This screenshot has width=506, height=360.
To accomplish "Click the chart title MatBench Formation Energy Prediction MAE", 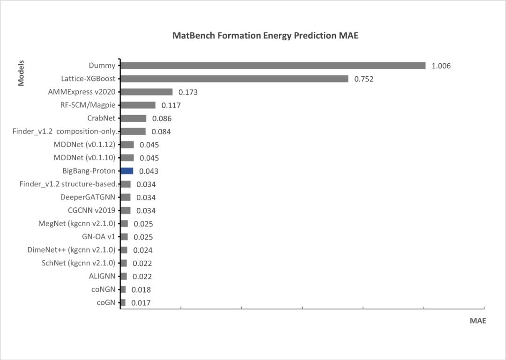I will tap(265, 36).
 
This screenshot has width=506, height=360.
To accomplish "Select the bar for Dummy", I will tap(273, 66).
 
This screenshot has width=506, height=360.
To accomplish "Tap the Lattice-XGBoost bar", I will tap(234, 79).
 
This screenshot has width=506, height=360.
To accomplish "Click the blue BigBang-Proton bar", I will tap(127, 171).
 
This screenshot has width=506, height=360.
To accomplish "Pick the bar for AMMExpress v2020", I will tap(147, 92).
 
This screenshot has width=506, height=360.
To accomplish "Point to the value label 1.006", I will tap(441, 66).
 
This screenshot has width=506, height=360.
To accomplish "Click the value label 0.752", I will tap(364, 79).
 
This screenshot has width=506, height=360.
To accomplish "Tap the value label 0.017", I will tap(141, 303).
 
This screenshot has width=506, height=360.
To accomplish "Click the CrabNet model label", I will tap(101, 118).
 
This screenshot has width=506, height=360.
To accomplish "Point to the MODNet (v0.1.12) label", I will tap(84, 144).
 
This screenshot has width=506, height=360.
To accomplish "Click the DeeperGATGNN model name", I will tap(88, 197).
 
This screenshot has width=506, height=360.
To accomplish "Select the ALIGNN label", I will tap(102, 276).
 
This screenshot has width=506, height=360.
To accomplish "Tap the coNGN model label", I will tap(103, 289).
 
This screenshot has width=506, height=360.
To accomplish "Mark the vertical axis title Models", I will tap(21, 73).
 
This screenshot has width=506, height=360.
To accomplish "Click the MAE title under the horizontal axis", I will tap(478, 321).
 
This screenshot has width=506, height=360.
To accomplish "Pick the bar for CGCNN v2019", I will tap(126, 210).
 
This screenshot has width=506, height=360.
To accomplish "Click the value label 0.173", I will tap(188, 92).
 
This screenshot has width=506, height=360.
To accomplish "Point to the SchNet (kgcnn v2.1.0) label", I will tap(78, 263).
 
